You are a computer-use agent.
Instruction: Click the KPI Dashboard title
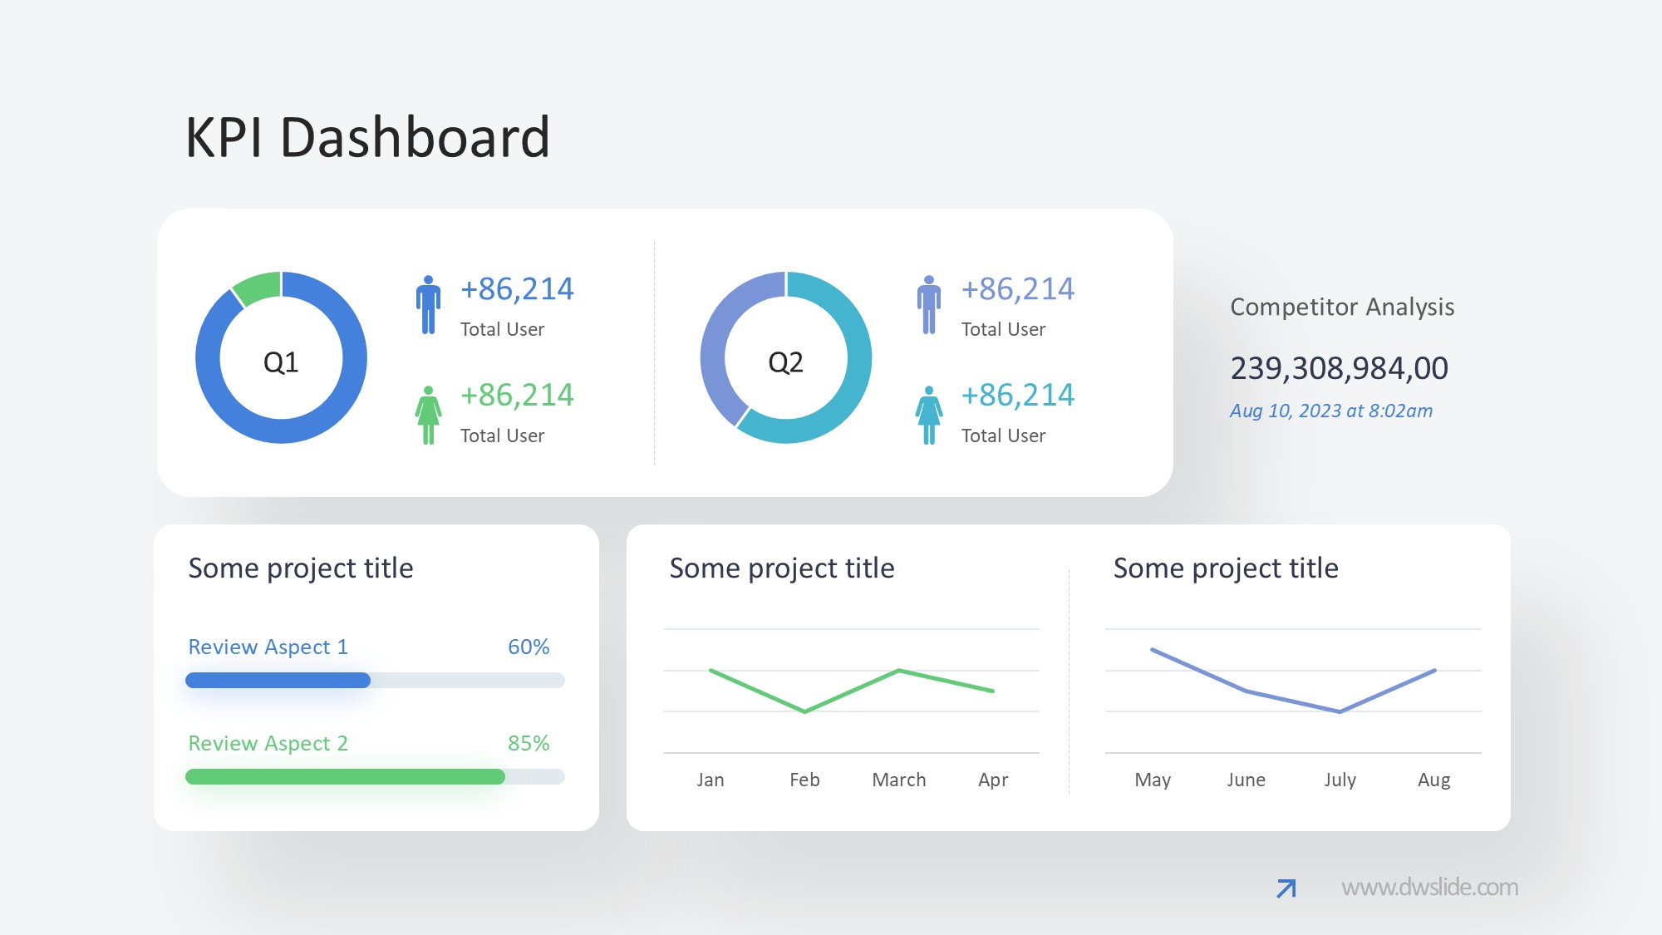(366, 137)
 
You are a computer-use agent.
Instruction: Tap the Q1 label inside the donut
(281, 362)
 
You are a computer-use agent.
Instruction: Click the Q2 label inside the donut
(785, 362)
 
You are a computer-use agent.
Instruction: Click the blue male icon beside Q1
(428, 305)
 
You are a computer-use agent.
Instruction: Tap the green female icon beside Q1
(428, 415)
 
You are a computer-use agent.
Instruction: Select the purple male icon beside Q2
(929, 305)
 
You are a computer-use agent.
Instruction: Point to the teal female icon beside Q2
(929, 415)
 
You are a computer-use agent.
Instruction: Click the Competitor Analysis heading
(1342, 307)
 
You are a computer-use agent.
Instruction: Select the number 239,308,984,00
(1339, 368)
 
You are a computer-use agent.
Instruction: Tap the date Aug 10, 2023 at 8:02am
(1331, 411)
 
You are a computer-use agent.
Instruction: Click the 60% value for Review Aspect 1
(529, 647)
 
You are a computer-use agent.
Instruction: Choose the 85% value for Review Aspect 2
(529, 743)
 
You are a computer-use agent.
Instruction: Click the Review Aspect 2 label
(268, 743)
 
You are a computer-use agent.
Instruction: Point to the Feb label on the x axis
(804, 780)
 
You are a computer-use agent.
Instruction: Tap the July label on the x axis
(1340, 780)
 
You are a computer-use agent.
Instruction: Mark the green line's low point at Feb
(804, 711)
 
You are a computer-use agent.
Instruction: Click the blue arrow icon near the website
(1286, 888)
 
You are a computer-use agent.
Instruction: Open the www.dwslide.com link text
(1429, 888)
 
